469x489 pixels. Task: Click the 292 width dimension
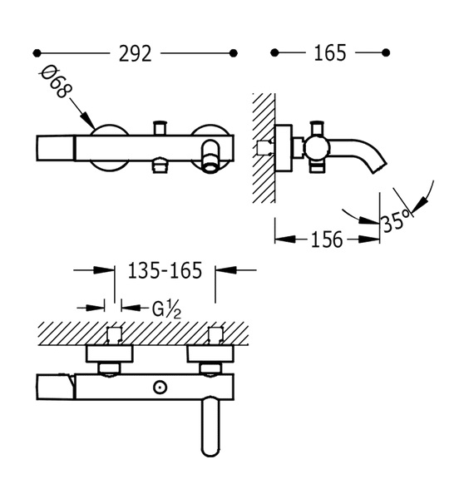(135, 53)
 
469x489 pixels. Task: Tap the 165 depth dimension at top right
(330, 53)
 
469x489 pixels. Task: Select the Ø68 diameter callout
(55, 81)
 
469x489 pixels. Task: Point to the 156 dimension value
(327, 240)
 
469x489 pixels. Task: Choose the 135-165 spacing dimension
(165, 270)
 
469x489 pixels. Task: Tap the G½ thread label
(166, 309)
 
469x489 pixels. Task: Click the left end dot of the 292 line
(37, 53)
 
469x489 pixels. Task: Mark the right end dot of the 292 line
(233, 53)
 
